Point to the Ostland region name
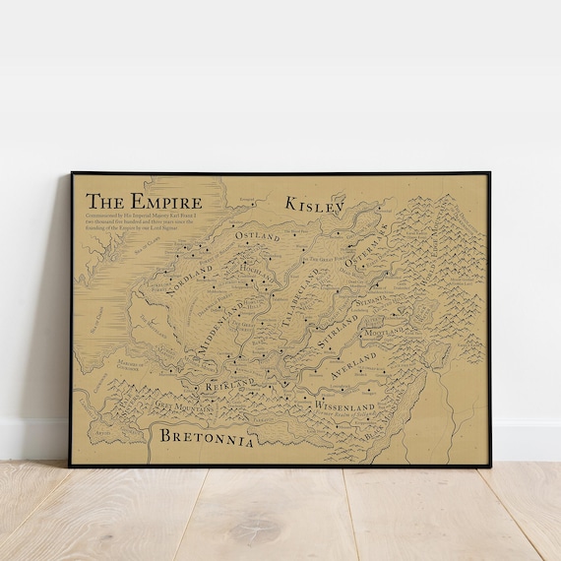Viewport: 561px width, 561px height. pyautogui.click(x=257, y=237)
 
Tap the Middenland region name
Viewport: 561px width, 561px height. pyautogui.click(x=219, y=326)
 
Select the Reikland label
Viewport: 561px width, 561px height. pyautogui.click(x=229, y=386)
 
